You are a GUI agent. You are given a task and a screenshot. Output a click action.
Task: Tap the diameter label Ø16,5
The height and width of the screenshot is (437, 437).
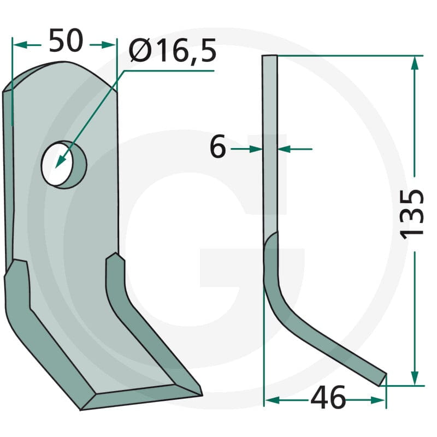[173, 50]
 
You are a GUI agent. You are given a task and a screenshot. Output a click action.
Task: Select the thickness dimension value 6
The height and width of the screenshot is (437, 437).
[217, 146]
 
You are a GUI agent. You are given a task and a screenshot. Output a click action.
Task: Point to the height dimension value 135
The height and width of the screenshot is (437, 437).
[412, 214]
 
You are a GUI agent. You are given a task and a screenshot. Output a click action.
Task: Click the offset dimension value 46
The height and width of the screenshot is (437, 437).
[328, 398]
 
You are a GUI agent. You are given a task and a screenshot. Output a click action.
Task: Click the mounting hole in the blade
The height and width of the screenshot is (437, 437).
[64, 164]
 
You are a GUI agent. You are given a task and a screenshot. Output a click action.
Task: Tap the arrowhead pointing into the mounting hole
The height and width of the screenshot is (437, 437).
[60, 162]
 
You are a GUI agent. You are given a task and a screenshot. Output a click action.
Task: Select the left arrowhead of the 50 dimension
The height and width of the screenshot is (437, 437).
[20, 45]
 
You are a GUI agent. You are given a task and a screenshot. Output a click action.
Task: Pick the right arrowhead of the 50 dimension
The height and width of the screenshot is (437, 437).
[108, 45]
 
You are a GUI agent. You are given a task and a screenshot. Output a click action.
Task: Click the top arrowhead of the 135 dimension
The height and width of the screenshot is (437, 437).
[415, 63]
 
